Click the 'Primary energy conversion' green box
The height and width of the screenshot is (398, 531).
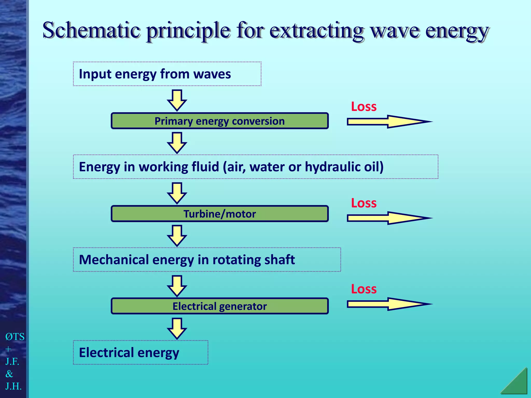coord(220,121)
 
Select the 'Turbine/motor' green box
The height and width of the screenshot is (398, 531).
coord(220,214)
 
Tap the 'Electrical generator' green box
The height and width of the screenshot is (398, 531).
coord(220,306)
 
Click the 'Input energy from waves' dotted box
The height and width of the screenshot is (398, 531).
coord(167,74)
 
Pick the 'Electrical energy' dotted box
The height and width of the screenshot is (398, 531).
coord(140,353)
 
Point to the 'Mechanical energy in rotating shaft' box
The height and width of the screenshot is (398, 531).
coord(207,260)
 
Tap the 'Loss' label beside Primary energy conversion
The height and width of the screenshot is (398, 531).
coord(364,106)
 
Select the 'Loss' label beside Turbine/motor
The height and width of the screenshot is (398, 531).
coord(364,203)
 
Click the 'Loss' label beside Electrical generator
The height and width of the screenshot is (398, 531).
coord(364,289)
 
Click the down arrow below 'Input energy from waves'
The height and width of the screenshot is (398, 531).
coord(177,100)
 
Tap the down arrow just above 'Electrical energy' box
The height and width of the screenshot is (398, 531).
coord(177,328)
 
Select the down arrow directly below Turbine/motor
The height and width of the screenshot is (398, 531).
coord(177,235)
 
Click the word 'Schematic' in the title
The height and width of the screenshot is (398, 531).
coord(91,31)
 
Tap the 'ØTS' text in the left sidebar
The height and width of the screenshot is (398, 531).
coord(15,337)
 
